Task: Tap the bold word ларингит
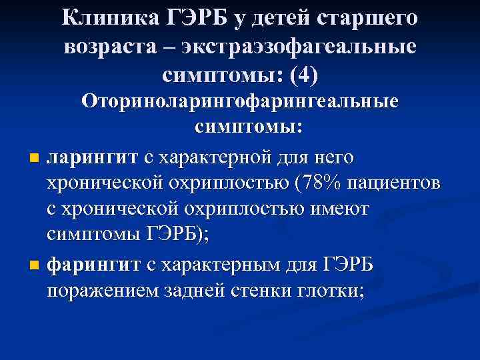click(x=91, y=158)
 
